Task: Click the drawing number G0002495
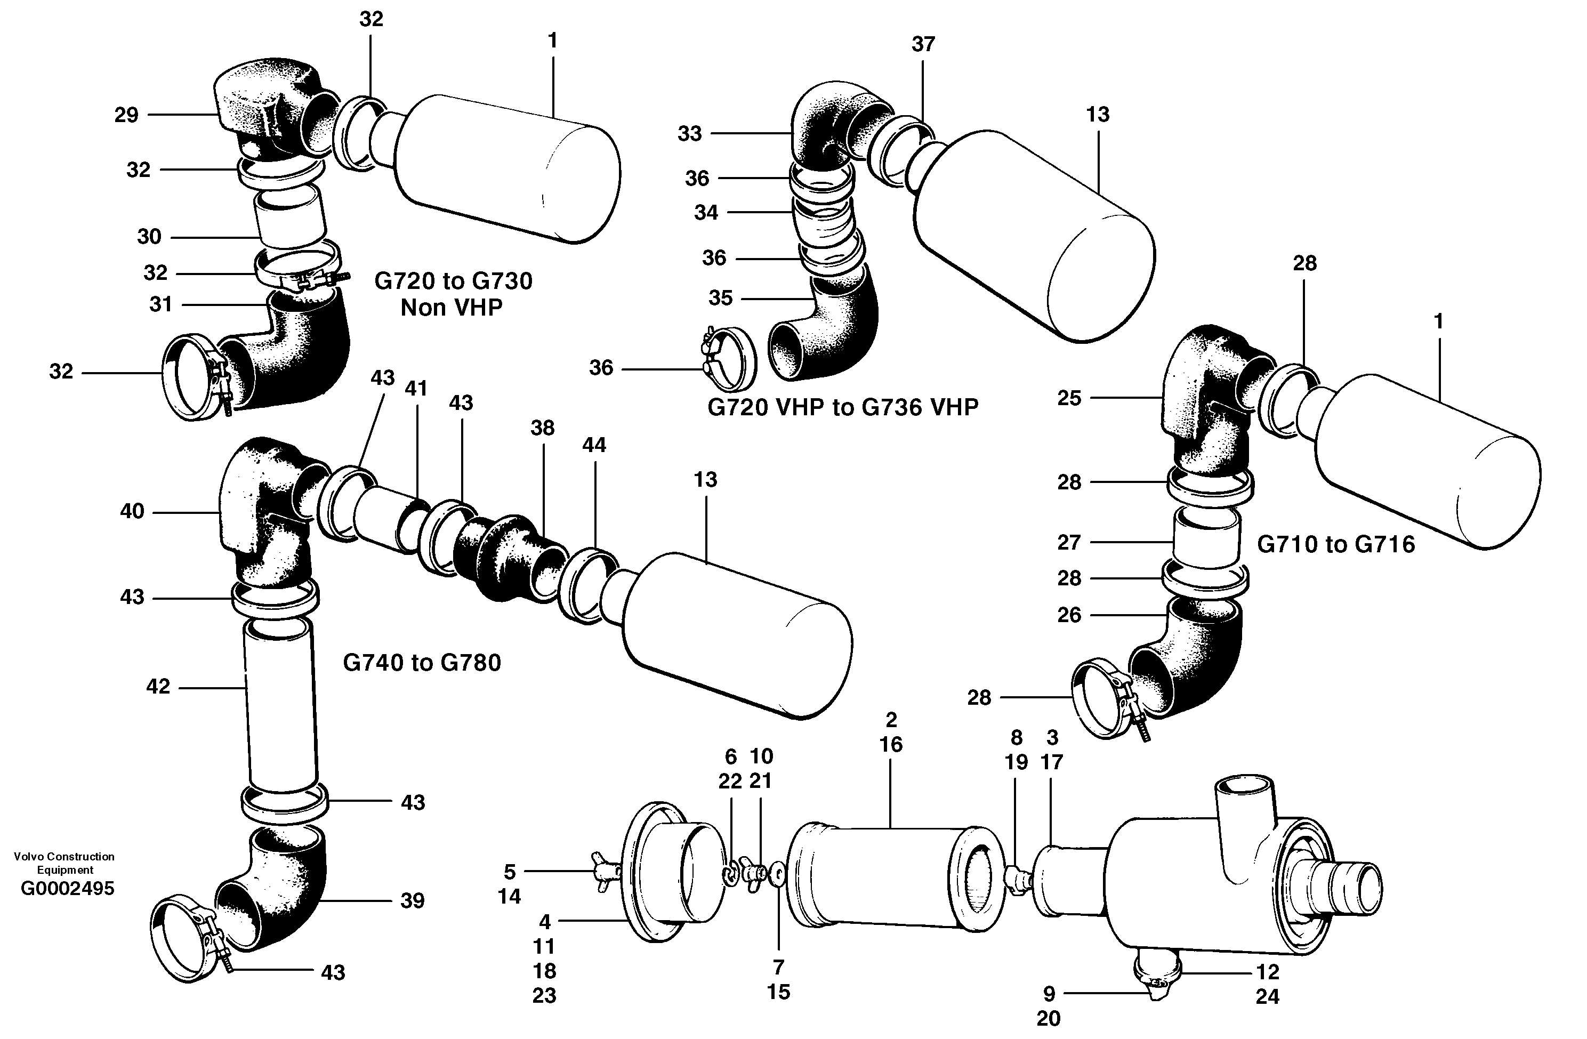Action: [x=67, y=888]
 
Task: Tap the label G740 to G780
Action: [x=422, y=662]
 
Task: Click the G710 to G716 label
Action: [x=1335, y=544]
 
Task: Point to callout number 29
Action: [x=126, y=115]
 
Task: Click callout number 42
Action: [x=158, y=686]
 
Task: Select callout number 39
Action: [x=412, y=900]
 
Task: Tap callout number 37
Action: [x=923, y=44]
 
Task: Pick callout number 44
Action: [x=593, y=445]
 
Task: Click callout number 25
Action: [x=1069, y=398]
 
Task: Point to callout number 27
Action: [x=1068, y=542]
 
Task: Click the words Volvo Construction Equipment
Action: [x=64, y=863]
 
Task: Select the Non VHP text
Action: [x=452, y=308]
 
